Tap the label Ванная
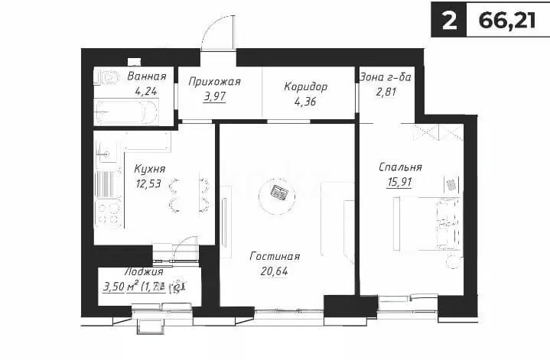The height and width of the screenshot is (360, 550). coord(146,76)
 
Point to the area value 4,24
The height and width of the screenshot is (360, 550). coord(146,91)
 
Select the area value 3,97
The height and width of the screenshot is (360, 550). coord(217,98)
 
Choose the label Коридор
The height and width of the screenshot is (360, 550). coord(305,86)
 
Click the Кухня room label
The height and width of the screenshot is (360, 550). coord(149,168)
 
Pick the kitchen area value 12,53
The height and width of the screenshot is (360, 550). coord(149,183)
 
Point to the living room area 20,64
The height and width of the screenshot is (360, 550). coord(275,272)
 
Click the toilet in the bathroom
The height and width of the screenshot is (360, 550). coord(107,77)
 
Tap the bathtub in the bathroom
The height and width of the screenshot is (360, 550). coord(125,112)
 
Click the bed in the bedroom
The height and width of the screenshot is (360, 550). coord(428,222)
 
